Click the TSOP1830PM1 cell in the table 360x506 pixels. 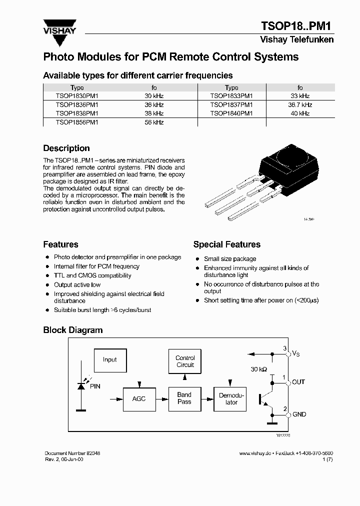coord(77,96)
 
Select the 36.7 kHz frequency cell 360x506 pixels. coord(300,105)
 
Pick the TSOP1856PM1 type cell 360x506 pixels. coord(77,122)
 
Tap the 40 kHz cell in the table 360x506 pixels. coord(300,113)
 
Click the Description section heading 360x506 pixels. coord(66,148)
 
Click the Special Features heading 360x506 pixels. coord(227,244)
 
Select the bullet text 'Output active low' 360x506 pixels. coord(77,285)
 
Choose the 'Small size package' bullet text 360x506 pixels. coord(230,259)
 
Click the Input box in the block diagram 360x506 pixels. coord(109,360)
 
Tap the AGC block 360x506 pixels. coord(138,399)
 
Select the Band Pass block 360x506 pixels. coord(184,398)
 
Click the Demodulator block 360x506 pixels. coord(231,399)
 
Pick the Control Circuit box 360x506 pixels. coord(185,361)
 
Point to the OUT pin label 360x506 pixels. coord(298,382)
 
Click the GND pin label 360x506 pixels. coord(299,414)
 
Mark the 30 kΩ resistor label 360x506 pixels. coord(259,369)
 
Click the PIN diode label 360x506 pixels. coord(94,386)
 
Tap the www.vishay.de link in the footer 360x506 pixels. coord(255,453)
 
